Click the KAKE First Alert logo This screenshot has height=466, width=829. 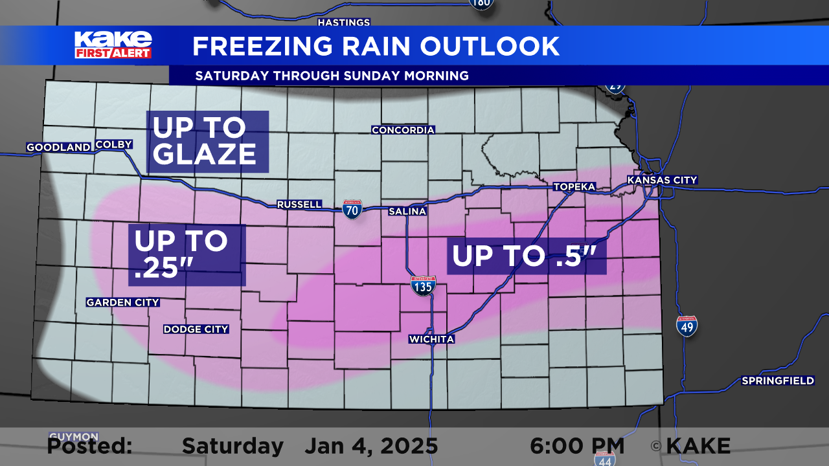113,45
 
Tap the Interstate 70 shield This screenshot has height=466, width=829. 352,209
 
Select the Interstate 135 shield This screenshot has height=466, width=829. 423,285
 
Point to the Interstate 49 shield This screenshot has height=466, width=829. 687,326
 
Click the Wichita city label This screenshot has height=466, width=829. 431,339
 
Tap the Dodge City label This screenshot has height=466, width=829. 196,329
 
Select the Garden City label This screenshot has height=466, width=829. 123,302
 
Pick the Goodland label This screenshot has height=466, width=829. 58,148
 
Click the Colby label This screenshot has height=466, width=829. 114,144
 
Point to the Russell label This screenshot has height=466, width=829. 299,205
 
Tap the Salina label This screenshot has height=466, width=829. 407,212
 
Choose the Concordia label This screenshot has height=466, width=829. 403,130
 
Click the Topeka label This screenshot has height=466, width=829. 574,187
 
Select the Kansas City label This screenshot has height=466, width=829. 662,180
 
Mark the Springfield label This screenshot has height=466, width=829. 778,381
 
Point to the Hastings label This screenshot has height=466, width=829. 343,23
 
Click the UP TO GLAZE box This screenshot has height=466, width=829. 207,142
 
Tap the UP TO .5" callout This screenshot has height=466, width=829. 527,256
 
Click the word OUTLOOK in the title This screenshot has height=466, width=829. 490,47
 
